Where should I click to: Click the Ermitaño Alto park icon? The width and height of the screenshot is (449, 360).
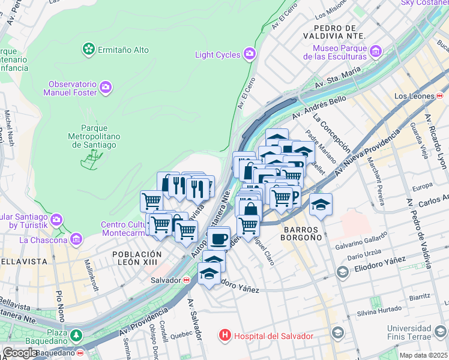[x=89, y=49]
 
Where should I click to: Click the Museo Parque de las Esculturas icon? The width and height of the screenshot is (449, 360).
[x=376, y=52]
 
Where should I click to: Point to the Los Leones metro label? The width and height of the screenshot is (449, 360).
[x=414, y=96]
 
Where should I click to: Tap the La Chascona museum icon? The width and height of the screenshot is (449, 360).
[x=76, y=240]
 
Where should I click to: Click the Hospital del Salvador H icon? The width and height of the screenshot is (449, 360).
[x=225, y=335]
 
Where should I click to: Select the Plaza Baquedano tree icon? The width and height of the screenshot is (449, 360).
[x=76, y=335]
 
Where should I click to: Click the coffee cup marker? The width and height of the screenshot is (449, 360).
[x=219, y=238]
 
